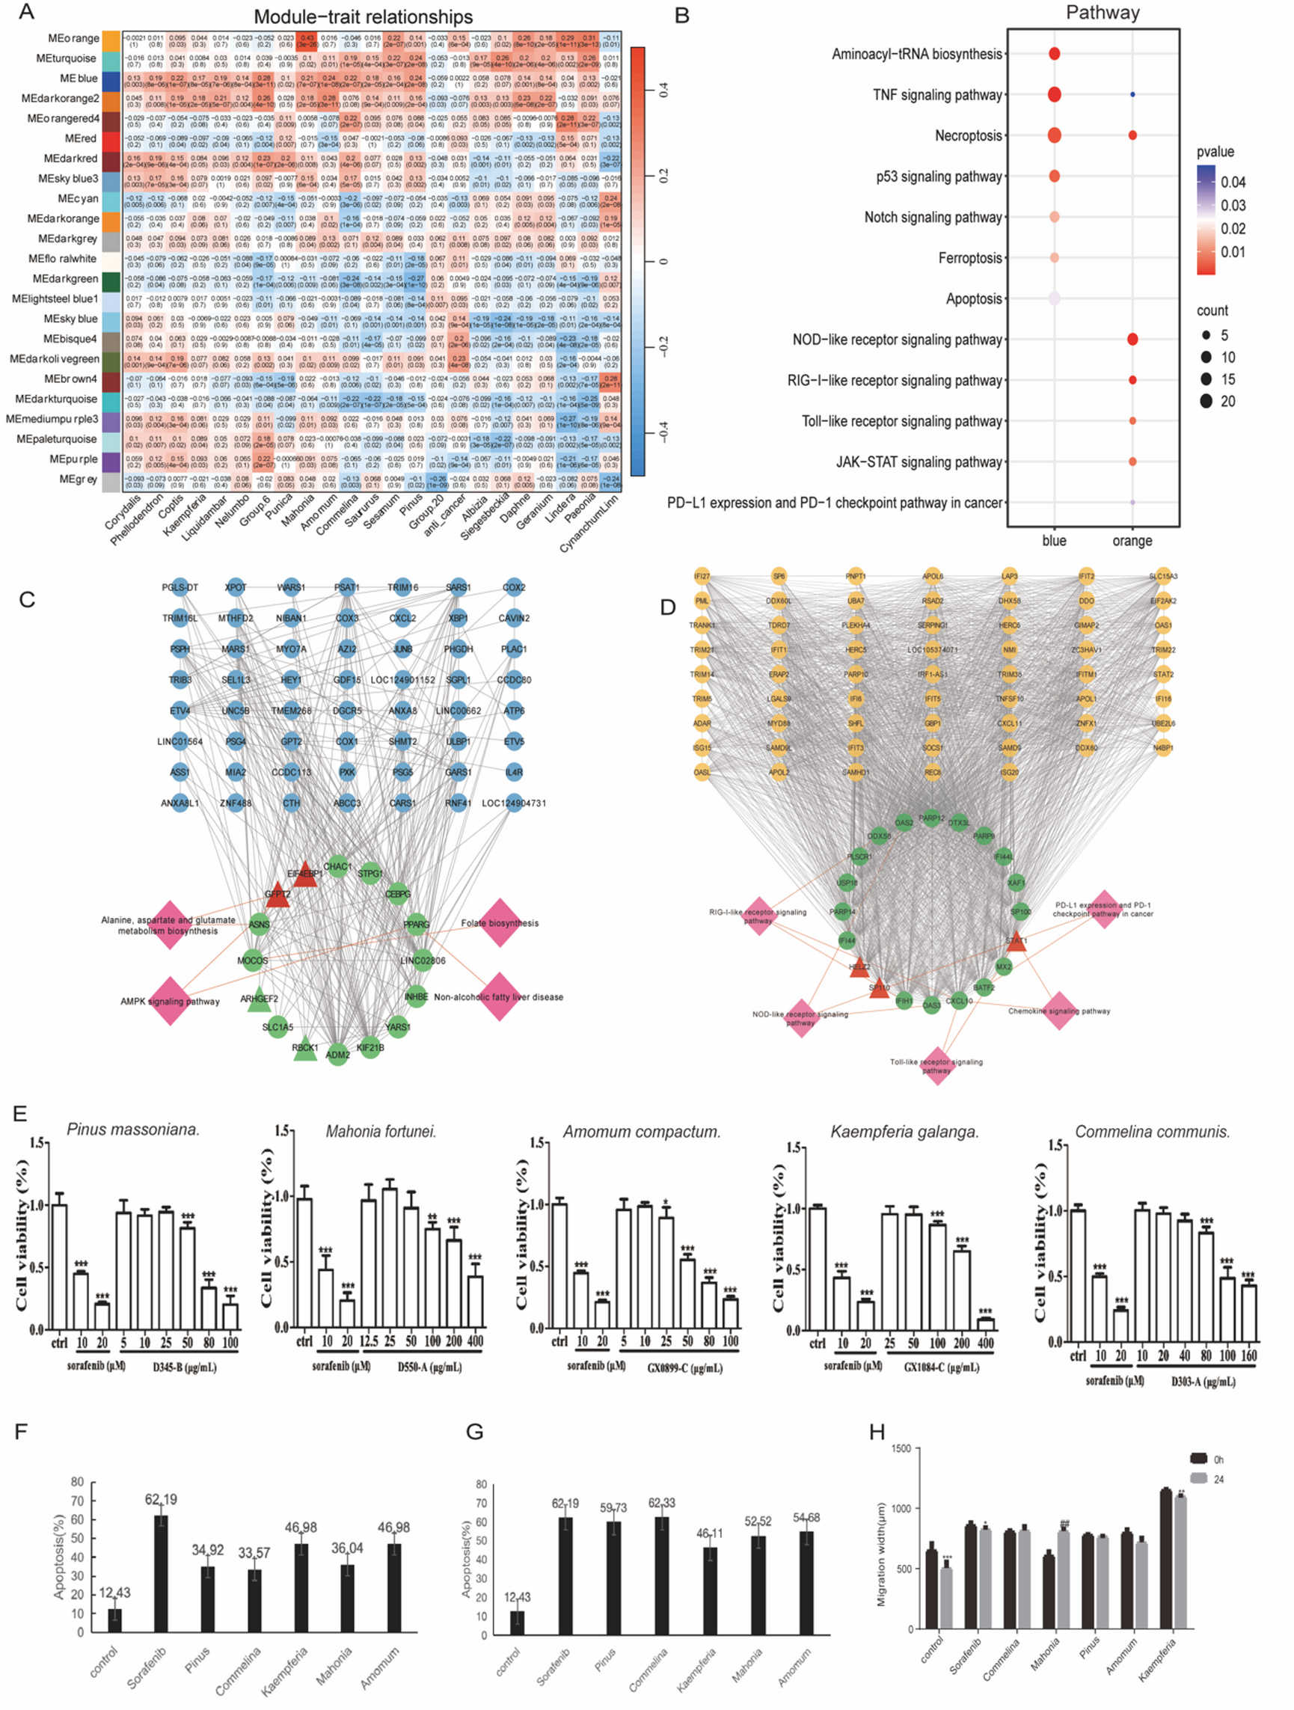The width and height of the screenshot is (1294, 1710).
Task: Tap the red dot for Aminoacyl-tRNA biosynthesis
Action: click(x=1054, y=54)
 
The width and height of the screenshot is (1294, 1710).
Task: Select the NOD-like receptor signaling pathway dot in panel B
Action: click(x=1132, y=340)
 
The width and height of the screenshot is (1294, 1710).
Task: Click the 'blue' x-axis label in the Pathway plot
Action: click(x=1054, y=540)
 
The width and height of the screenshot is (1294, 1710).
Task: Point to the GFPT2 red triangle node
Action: click(x=277, y=895)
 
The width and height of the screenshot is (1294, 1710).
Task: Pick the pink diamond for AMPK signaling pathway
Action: click(x=170, y=1000)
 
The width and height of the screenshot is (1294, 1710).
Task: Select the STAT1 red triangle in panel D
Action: click(x=1016, y=942)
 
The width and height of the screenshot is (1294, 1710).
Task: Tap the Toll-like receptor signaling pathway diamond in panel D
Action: click(x=937, y=1066)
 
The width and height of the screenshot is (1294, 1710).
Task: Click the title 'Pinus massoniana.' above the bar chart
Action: click(x=133, y=1130)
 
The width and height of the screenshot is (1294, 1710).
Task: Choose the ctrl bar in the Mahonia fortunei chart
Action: click(x=304, y=1263)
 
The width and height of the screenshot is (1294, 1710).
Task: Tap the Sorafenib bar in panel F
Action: click(x=161, y=1573)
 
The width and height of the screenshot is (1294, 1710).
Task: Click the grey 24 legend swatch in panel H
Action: click(x=1198, y=1478)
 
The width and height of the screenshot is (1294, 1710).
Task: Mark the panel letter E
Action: click(x=20, y=1113)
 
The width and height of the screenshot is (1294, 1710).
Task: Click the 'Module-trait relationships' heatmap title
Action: click(x=363, y=17)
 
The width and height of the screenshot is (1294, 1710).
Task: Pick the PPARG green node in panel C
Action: click(x=416, y=924)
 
